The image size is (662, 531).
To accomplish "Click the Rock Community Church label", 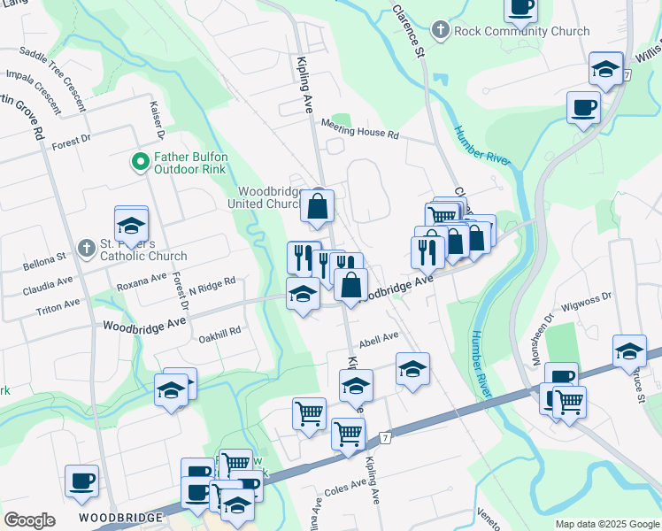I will pyautogui.click(x=521, y=31).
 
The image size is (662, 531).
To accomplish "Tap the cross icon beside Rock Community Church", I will pyautogui.click(x=440, y=31).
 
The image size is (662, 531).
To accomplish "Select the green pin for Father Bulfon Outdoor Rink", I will pyautogui.click(x=139, y=162).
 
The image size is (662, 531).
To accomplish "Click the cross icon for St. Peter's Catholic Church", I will pyautogui.click(x=86, y=249).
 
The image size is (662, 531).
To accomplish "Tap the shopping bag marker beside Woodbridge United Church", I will pyautogui.click(x=317, y=208).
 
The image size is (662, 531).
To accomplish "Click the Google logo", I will pyautogui.click(x=29, y=520).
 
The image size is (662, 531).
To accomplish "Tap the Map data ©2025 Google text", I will pyautogui.click(x=606, y=524).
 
